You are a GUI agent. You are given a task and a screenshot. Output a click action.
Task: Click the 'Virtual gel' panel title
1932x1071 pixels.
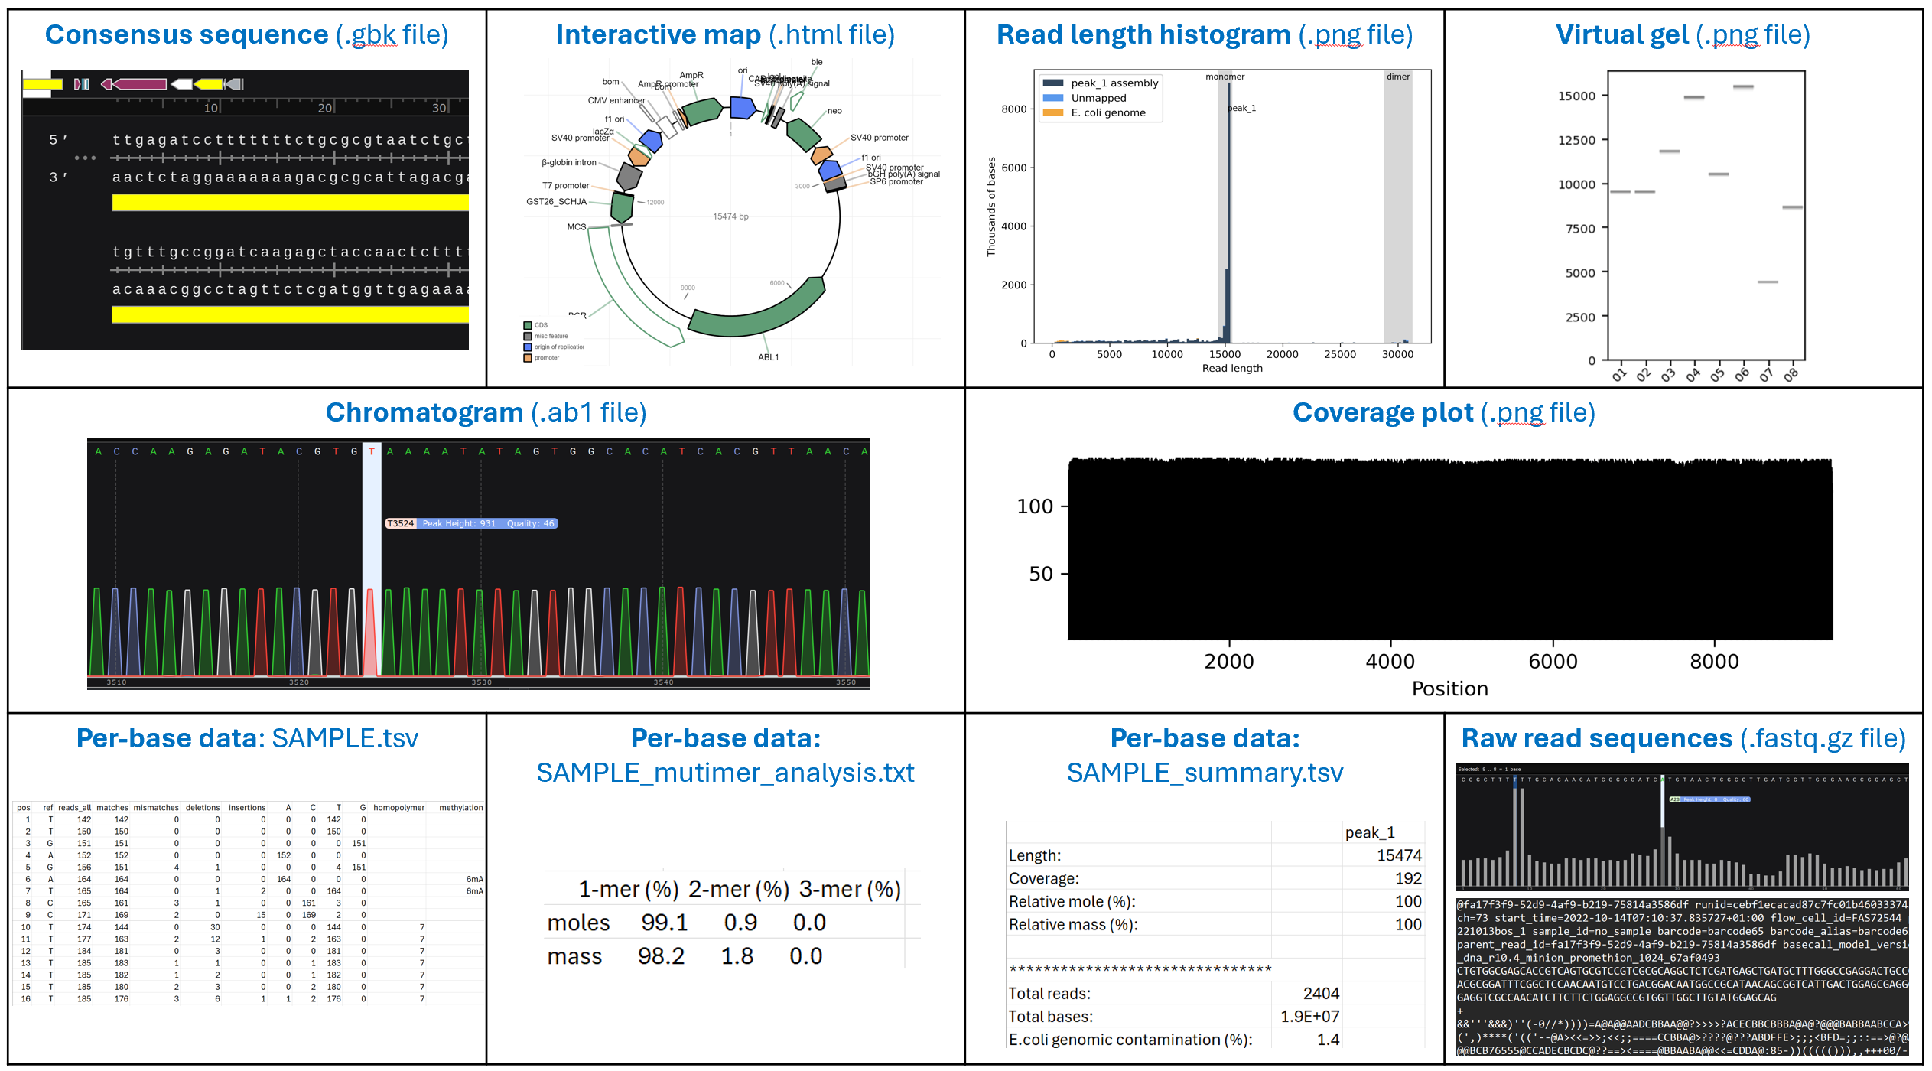[x=1682, y=35]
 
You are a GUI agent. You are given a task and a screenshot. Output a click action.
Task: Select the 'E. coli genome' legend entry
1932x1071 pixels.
[x=1107, y=113]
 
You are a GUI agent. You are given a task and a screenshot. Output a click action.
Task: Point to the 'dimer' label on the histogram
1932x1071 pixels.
[x=1397, y=76]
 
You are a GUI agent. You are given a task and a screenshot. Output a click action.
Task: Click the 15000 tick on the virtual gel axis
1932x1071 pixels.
[x=1576, y=96]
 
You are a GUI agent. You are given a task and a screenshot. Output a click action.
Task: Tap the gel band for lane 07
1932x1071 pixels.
[x=1767, y=282]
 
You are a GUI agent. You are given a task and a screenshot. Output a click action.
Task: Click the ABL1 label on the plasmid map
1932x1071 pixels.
[x=768, y=357]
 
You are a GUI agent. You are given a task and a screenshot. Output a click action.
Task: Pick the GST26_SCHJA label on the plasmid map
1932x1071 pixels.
[x=556, y=202]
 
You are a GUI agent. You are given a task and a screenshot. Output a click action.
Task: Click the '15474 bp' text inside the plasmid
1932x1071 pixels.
[x=730, y=216]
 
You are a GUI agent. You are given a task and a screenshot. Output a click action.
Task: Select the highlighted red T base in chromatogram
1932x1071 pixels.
[x=372, y=451]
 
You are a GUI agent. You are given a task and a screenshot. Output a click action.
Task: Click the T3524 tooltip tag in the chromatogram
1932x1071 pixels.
[x=401, y=523]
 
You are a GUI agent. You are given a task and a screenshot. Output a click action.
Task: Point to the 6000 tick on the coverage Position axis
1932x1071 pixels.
[x=1553, y=662]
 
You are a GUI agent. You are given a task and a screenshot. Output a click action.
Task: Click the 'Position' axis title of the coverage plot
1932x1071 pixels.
[x=1449, y=689]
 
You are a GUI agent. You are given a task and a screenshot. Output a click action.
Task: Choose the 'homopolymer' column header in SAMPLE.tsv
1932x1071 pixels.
[x=398, y=808]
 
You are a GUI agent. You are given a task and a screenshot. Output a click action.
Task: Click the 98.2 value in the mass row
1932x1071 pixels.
[x=661, y=956]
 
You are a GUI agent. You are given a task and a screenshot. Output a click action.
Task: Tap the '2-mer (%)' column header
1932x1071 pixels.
[x=738, y=890]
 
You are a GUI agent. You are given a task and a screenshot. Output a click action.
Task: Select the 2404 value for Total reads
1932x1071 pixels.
[x=1321, y=994]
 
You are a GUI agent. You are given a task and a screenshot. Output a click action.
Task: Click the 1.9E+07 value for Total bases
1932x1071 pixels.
[x=1309, y=1017]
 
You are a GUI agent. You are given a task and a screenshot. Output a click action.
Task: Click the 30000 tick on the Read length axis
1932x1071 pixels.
[x=1397, y=355]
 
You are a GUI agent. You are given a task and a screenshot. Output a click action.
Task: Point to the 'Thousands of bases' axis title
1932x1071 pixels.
[x=992, y=207]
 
